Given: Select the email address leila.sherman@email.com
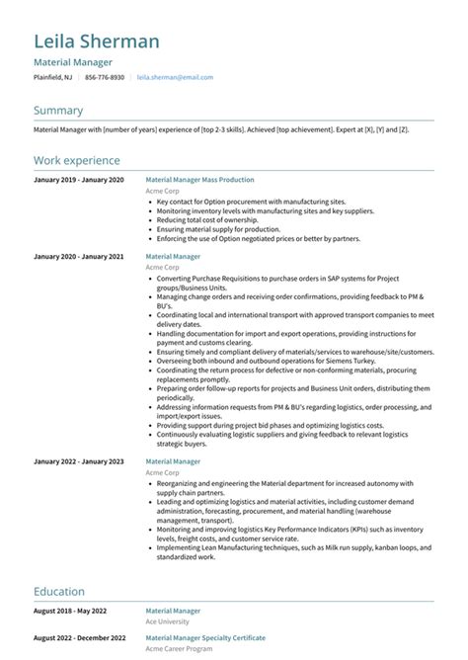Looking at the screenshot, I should pos(175,77).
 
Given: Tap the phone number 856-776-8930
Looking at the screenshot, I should pos(105,77).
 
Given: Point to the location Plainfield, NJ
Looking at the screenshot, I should pos(52,77).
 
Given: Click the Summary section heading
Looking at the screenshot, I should pos(58,111).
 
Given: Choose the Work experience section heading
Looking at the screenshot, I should pos(77,160).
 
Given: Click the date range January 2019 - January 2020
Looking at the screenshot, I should pos(79,180).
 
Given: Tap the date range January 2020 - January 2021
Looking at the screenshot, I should pos(79,256).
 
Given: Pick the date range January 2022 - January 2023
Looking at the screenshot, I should pos(79,461).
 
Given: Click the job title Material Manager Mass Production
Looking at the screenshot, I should pos(199,180).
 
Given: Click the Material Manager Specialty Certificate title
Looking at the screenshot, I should pos(205,638).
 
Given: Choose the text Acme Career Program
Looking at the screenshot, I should pos(179,649).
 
